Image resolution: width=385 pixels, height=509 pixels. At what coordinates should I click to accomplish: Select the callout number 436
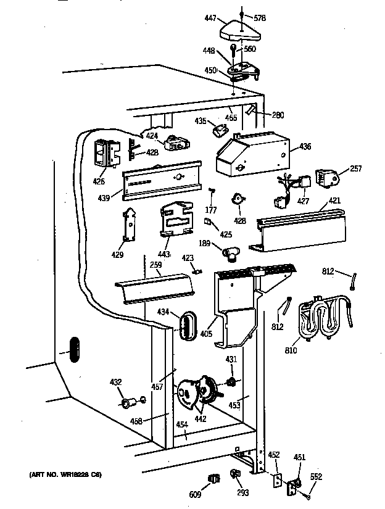[305, 146]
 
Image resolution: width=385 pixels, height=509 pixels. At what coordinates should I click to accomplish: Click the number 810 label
[290, 350]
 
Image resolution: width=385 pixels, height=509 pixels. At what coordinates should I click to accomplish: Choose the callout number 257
[356, 168]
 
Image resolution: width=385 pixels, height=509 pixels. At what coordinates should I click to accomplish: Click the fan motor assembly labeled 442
[196, 395]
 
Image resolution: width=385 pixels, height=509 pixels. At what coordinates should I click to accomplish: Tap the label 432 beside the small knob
[115, 383]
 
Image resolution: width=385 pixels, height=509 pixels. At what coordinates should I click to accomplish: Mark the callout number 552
[315, 477]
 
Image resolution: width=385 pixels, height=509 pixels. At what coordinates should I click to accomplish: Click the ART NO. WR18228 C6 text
[64, 474]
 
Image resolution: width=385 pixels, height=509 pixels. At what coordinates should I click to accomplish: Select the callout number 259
[156, 265]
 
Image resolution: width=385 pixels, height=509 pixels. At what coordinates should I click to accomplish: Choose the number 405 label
[206, 334]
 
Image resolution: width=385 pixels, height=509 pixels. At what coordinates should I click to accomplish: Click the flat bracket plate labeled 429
[131, 226]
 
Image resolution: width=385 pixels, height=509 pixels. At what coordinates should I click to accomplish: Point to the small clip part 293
[235, 474]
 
